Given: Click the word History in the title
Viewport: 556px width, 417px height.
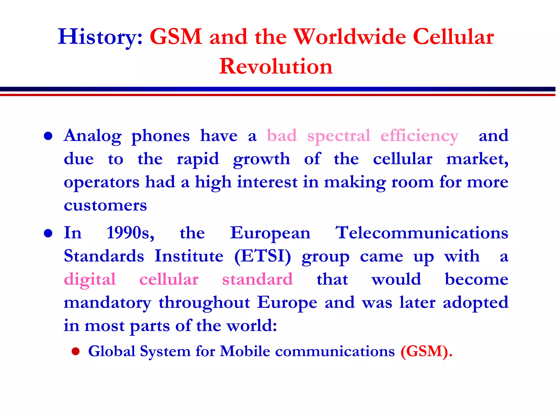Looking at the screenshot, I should pos(100,37).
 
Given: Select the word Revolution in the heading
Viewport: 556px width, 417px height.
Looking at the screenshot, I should pos(276,66).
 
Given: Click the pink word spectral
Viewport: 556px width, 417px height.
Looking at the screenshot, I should pos(339,135).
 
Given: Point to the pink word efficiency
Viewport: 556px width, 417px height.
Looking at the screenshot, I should pos(419,136).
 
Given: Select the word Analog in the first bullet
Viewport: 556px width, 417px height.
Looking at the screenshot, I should pos(93,136).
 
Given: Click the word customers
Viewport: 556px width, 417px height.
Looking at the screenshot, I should pos(105,205).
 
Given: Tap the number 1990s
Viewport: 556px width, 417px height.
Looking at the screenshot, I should pos(130,233).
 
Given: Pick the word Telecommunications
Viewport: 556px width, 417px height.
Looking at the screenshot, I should pos(422,233).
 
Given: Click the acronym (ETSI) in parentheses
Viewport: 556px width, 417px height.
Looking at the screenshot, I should pos(263,256).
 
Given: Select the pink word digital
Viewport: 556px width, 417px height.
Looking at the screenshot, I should pos(90,280).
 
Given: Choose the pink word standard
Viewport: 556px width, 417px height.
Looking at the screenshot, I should pos(257,279).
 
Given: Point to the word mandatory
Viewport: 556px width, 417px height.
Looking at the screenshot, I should pos(108,303).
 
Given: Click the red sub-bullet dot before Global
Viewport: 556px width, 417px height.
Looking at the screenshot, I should pos(75,352).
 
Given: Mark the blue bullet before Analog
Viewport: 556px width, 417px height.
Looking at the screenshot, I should pos(48,136).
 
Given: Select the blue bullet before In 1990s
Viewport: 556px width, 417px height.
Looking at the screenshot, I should pos(48,233).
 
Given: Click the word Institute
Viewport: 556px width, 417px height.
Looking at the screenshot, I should pos(189,256).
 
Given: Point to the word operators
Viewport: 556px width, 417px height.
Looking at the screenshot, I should pos(102,182).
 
